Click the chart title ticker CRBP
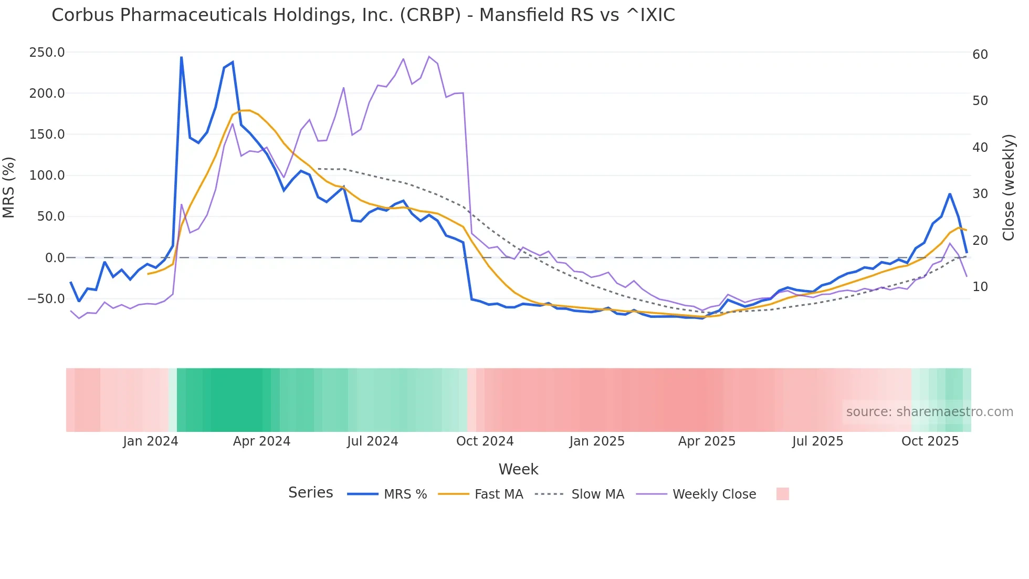tap(430, 15)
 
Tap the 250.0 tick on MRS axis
tap(47, 53)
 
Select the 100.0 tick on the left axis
tap(47, 175)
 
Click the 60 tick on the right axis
tap(980, 55)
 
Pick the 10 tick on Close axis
tap(980, 287)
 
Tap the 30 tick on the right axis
tap(980, 194)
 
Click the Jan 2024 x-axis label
tap(151, 441)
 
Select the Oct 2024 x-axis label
tap(485, 441)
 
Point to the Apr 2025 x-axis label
tap(707, 441)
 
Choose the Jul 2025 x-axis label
tap(817, 441)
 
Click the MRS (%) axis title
tap(9, 187)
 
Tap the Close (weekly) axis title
tap(1009, 188)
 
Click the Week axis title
tap(518, 469)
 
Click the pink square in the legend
tap(782, 494)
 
